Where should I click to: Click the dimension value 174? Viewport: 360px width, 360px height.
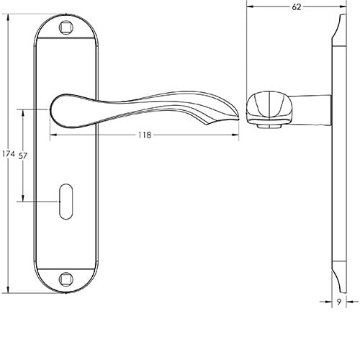(x=9, y=154)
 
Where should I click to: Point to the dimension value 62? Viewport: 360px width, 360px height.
(x=297, y=6)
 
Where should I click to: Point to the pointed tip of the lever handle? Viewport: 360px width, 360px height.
(x=236, y=113)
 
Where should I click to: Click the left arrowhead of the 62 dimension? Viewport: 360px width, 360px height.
(x=249, y=6)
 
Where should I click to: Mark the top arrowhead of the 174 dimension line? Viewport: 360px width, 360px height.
(x=9, y=19)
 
